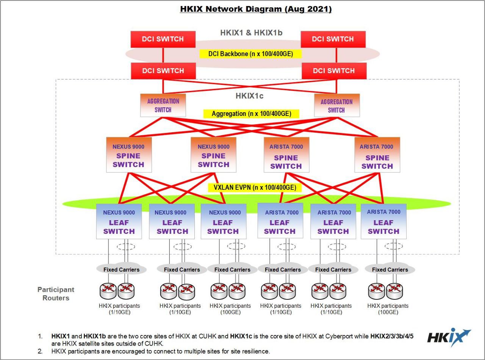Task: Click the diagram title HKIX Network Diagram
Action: (256, 9)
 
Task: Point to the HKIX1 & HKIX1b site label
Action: (251, 33)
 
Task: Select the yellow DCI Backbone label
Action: (250, 54)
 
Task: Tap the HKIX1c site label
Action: (249, 96)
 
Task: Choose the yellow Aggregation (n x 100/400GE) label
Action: (251, 114)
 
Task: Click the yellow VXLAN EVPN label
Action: (255, 188)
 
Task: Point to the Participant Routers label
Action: (56, 294)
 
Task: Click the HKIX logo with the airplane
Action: (449, 338)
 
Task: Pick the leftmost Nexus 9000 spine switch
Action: (129, 155)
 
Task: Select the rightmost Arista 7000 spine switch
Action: (377, 155)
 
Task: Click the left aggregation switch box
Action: (163, 105)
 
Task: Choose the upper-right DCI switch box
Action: (333, 39)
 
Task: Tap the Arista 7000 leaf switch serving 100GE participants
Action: (383, 221)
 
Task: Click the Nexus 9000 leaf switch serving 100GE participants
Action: (224, 221)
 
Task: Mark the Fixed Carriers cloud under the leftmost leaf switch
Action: (121, 269)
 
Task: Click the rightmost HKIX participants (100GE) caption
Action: (388, 309)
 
